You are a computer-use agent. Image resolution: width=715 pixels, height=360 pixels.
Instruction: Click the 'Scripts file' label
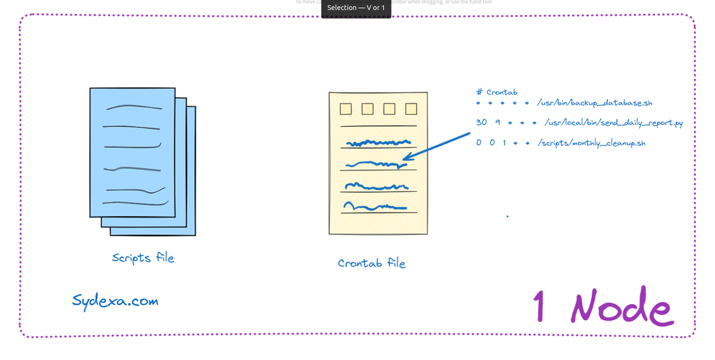point(143,257)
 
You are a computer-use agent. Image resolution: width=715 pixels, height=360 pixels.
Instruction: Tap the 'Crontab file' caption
point(371,263)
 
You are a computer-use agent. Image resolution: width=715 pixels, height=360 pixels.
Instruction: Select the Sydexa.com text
point(115,300)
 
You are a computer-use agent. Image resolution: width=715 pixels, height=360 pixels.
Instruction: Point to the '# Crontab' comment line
point(497,92)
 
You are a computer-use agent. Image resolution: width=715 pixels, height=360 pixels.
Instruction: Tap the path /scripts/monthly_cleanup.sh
point(591,143)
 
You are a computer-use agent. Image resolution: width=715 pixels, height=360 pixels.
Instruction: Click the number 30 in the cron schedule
point(481,122)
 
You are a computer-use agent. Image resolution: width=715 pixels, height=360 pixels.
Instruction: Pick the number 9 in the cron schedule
point(497,122)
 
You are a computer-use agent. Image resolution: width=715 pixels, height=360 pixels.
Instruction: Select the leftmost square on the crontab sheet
point(345,109)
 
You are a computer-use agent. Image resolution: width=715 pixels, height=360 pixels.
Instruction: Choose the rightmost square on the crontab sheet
point(411,109)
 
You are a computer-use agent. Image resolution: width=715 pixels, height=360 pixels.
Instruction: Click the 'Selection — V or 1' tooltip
point(356,8)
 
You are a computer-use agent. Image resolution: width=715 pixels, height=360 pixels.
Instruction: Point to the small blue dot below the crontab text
point(508,216)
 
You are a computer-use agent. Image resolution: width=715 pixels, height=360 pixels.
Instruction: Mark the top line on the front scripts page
point(133,107)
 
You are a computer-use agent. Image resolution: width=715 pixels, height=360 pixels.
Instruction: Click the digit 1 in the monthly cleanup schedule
point(504,143)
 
